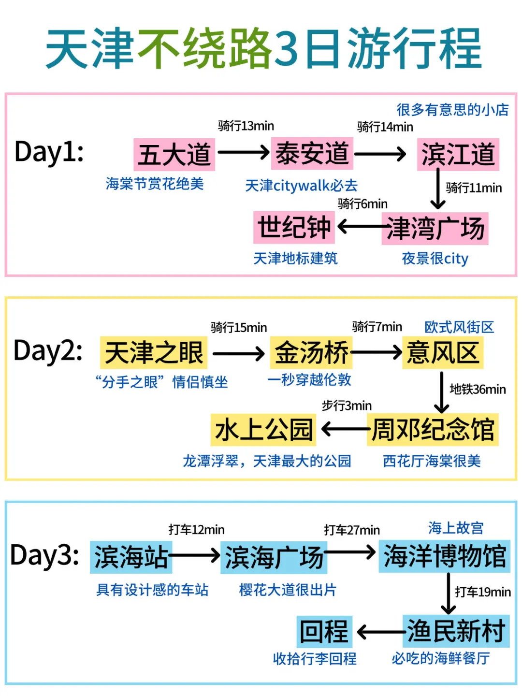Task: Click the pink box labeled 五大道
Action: point(174,155)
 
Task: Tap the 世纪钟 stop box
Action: point(294,227)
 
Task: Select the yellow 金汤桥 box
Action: point(311,353)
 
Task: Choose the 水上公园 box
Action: point(263,429)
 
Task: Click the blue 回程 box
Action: point(324,631)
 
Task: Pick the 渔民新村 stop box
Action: point(456,631)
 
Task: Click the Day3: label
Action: point(44,555)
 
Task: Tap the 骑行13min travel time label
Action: point(246,126)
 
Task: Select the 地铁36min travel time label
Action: point(478,389)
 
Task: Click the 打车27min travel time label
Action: point(352,530)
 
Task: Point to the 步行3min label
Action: point(347,406)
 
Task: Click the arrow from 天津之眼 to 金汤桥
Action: point(239,354)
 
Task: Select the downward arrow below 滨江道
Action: point(438,188)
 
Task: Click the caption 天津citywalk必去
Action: point(301,186)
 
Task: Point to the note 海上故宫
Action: point(456,528)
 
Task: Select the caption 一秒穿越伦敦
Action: point(309,380)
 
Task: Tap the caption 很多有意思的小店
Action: point(452,110)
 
